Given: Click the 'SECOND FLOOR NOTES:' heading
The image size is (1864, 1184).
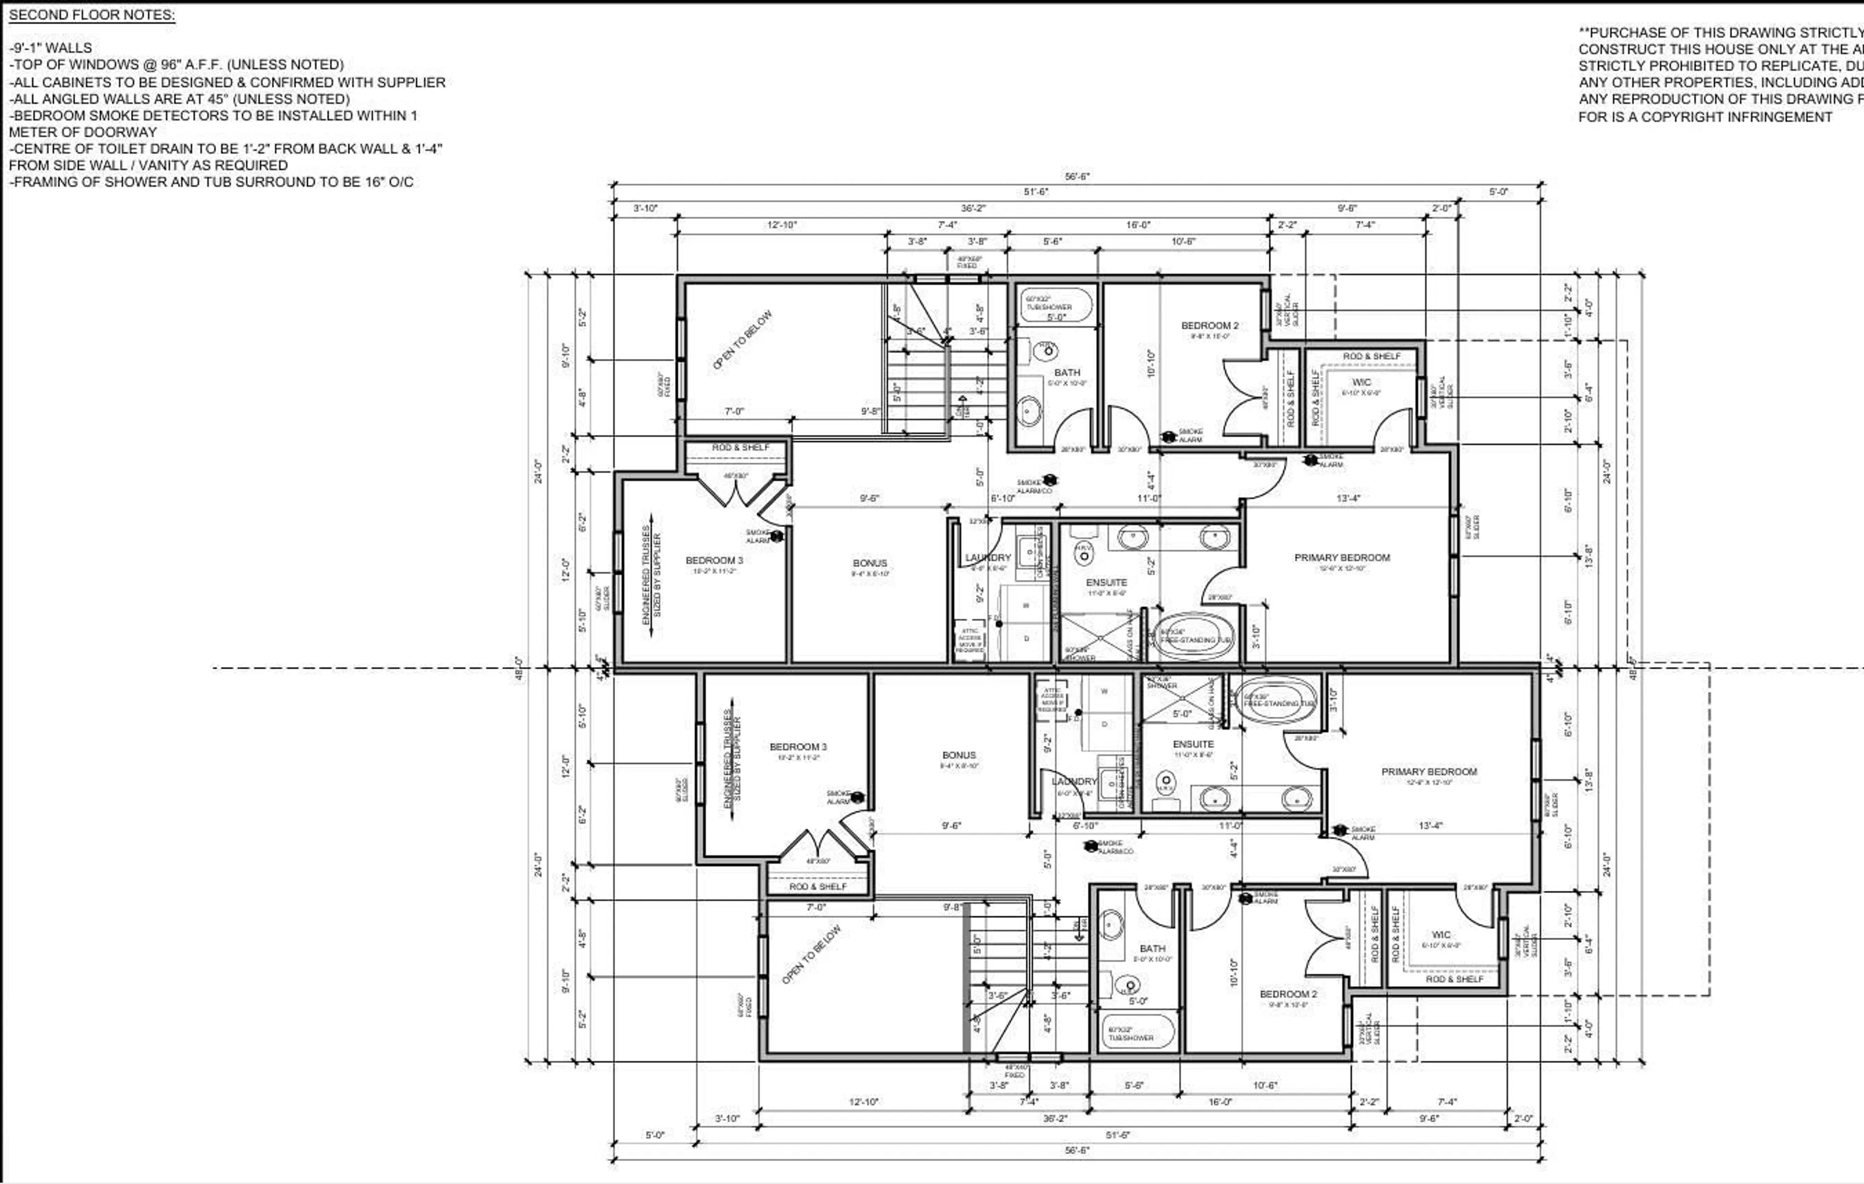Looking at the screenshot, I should (91, 15).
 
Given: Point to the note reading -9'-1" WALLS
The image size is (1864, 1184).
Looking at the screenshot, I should (50, 48).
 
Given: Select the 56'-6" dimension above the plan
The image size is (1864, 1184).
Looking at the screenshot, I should (1077, 177).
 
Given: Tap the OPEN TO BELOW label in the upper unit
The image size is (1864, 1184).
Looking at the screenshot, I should (742, 340).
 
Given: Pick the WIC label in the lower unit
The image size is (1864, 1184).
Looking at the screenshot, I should (1441, 935).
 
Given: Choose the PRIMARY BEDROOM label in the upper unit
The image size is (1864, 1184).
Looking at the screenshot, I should (1342, 558).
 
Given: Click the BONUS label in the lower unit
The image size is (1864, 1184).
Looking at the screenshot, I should (958, 755).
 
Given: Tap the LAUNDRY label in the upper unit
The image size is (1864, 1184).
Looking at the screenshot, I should (988, 558).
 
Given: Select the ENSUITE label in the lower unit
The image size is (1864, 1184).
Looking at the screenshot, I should (1193, 744).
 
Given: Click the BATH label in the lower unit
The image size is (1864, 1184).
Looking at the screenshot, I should (1152, 948).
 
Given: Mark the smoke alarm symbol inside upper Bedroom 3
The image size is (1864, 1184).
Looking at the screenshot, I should (776, 536).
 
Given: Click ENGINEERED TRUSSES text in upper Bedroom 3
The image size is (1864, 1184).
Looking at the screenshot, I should (647, 576).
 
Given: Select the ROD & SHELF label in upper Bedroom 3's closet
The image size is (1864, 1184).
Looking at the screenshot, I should (740, 448).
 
